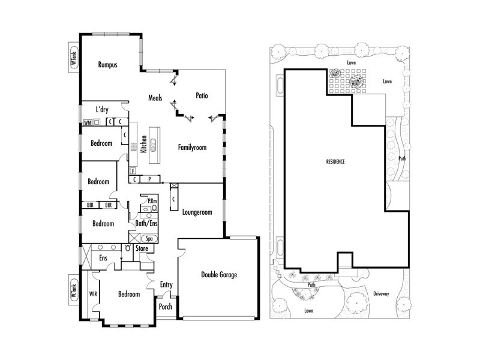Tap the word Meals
click(x=156, y=98)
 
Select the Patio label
click(x=202, y=95)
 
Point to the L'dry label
click(x=102, y=109)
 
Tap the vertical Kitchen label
click(x=144, y=145)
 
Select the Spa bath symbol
click(x=146, y=238)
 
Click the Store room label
click(x=142, y=248)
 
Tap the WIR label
click(x=94, y=295)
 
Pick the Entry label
click(x=166, y=284)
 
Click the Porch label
click(x=166, y=307)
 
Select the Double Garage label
click(x=218, y=275)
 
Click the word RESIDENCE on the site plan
click(x=335, y=162)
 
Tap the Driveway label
click(x=382, y=294)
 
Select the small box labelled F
click(x=132, y=171)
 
